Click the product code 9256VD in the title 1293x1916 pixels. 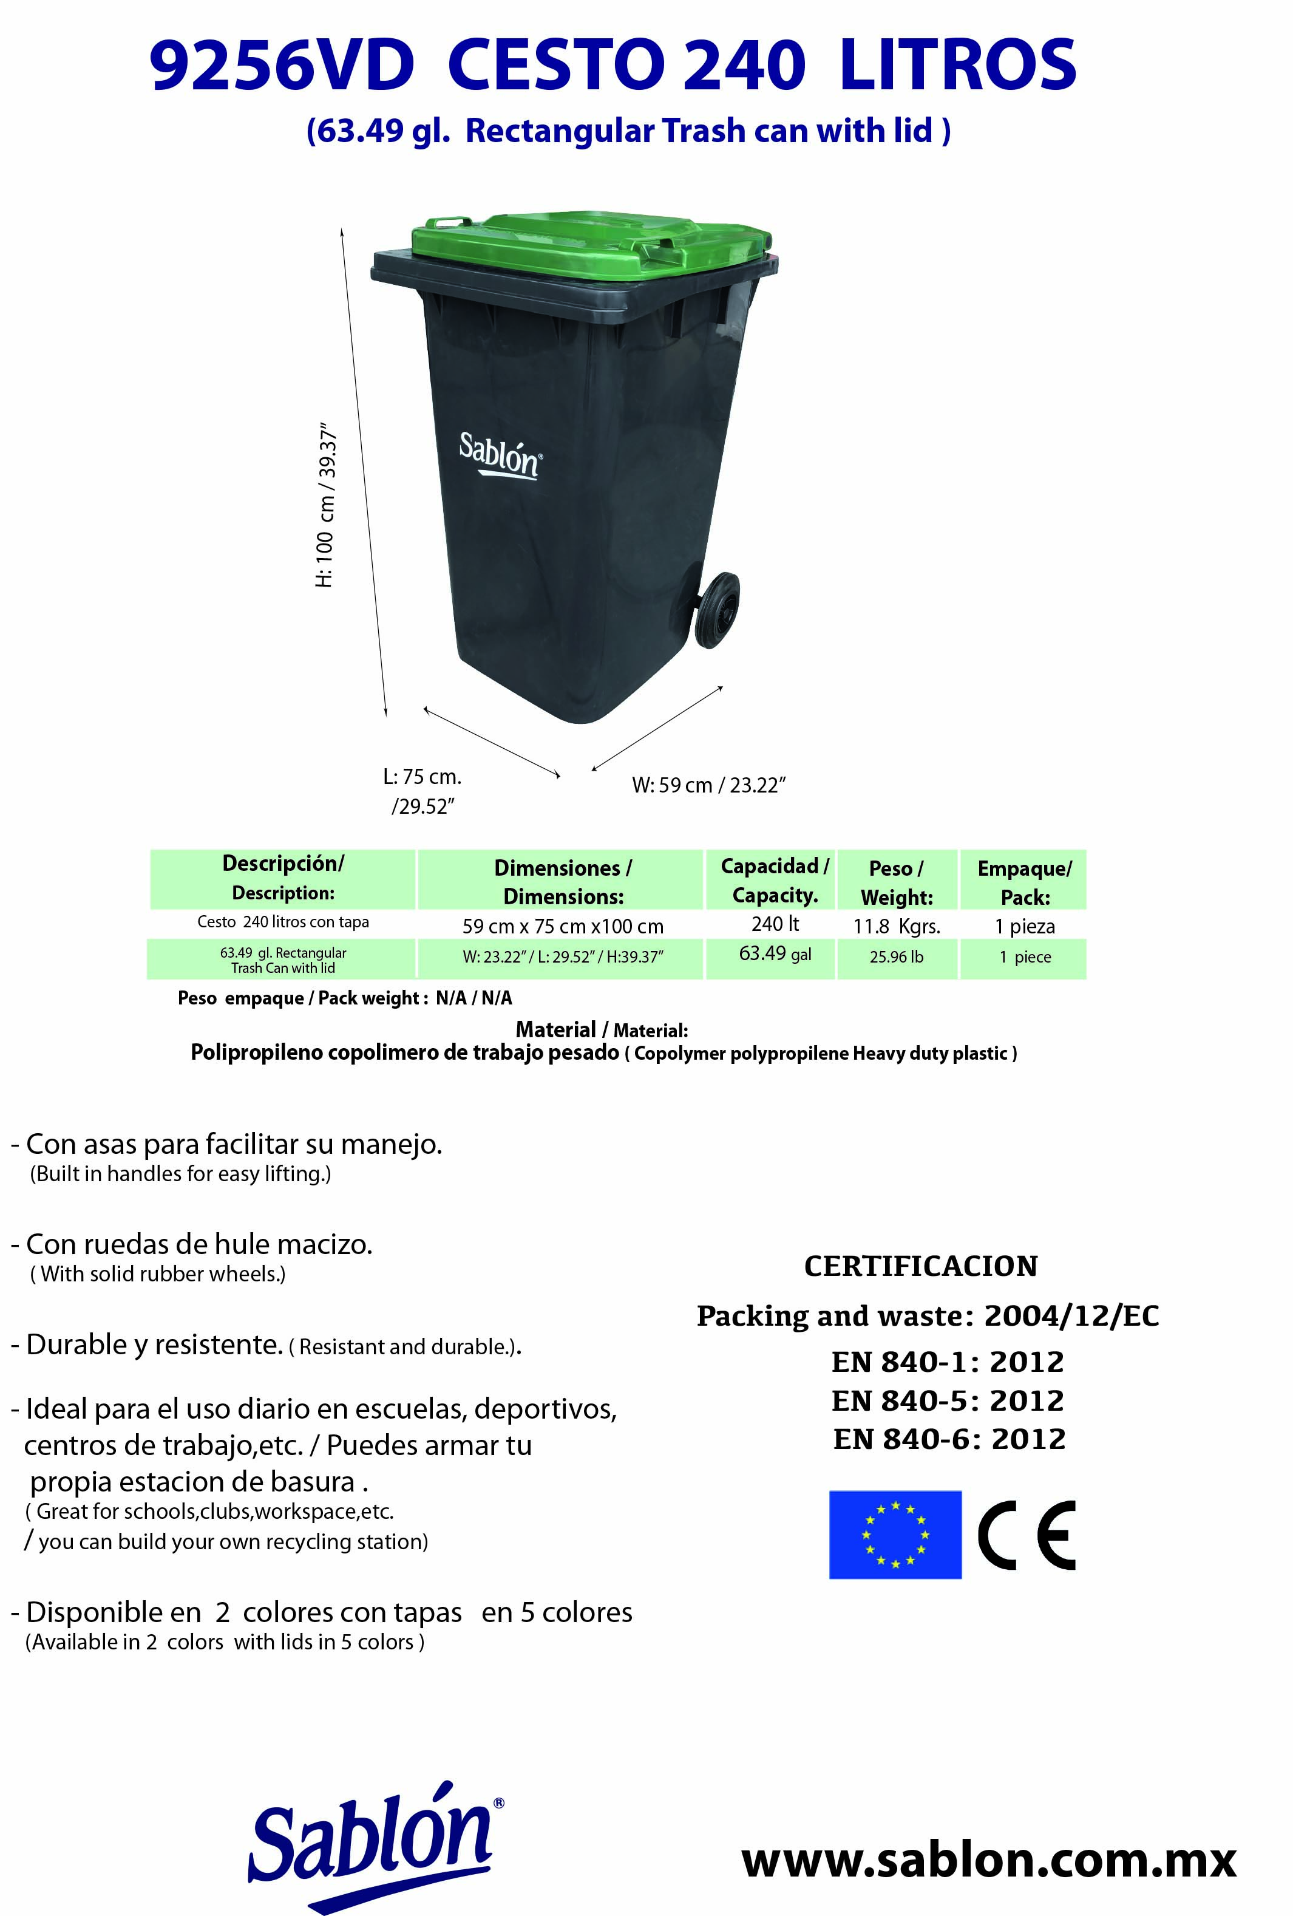pyautogui.click(x=281, y=66)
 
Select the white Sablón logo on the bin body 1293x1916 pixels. pyautogui.click(x=500, y=454)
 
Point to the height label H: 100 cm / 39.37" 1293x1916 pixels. pyautogui.click(x=327, y=505)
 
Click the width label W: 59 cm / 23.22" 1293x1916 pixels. pyautogui.click(x=708, y=785)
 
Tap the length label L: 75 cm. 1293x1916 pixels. pyautogui.click(x=422, y=777)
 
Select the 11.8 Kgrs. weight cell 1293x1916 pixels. pyautogui.click(x=896, y=926)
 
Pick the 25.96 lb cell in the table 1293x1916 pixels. pyautogui.click(x=896, y=957)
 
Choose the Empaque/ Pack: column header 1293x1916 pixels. pyautogui.click(x=1023, y=882)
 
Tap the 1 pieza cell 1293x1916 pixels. pyautogui.click(x=1023, y=926)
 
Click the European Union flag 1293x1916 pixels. pyautogui.click(x=894, y=1534)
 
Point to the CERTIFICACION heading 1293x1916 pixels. pyautogui.click(x=920, y=1266)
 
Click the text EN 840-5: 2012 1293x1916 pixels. pyautogui.click(x=947, y=1400)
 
